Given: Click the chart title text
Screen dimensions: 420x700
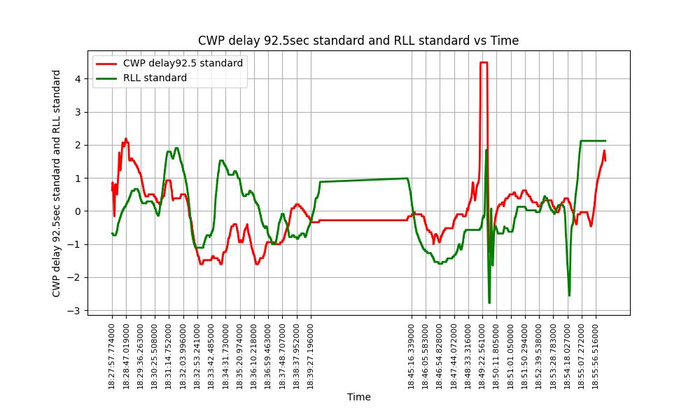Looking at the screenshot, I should pyautogui.click(x=358, y=41).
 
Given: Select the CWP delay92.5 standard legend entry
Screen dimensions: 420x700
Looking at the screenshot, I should pyautogui.click(x=183, y=63).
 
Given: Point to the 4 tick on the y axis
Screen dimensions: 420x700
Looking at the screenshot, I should pyautogui.click(x=79, y=78).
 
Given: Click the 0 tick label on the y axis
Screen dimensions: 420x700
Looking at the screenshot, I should pyautogui.click(x=79, y=211).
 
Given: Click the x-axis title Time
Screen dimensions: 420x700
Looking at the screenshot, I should pyautogui.click(x=358, y=397).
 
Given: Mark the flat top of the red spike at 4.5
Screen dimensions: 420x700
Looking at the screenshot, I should pyautogui.click(x=483, y=62).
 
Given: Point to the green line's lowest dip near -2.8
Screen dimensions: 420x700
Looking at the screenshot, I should pyautogui.click(x=489, y=302).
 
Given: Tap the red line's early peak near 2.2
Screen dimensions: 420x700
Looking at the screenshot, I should pyautogui.click(x=126, y=139).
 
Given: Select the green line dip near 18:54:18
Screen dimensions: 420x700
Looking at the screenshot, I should pyautogui.click(x=569, y=295).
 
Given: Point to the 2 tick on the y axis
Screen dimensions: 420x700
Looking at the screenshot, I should pyautogui.click(x=79, y=145).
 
